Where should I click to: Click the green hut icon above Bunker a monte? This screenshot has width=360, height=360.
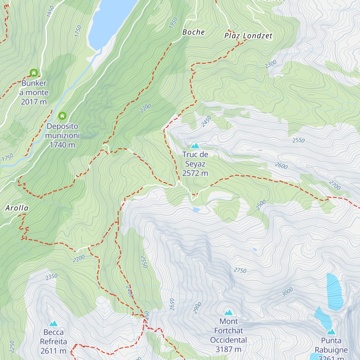[x=34, y=73]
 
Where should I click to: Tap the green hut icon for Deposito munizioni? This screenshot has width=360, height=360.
[x=62, y=115]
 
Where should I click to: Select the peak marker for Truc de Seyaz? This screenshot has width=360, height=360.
[x=195, y=146]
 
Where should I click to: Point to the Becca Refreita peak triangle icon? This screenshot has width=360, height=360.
[x=53, y=323]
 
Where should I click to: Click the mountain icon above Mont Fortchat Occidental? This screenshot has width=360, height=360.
[x=229, y=313]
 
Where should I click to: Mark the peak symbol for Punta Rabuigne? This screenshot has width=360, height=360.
[x=331, y=332]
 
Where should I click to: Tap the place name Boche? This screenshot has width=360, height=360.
[x=193, y=32]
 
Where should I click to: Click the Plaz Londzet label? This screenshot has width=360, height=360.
[x=248, y=36]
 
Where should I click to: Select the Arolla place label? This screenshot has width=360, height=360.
[x=17, y=208]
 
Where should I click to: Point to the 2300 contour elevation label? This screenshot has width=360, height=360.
[x=271, y=64]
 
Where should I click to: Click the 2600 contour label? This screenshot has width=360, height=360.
[x=281, y=166]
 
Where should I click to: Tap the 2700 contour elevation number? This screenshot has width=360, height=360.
[x=334, y=185]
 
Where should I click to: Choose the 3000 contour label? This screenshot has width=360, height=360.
[x=287, y=292]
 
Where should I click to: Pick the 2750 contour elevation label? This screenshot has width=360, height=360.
[x=240, y=271]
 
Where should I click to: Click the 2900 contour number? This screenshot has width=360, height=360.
[x=197, y=308]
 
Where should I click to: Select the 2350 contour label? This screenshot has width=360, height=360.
[x=52, y=277]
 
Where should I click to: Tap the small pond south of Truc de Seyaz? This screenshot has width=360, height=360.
[x=196, y=210]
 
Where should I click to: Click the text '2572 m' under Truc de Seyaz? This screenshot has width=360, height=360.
[x=195, y=173]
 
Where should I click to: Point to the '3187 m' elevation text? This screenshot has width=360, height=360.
[x=228, y=349]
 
